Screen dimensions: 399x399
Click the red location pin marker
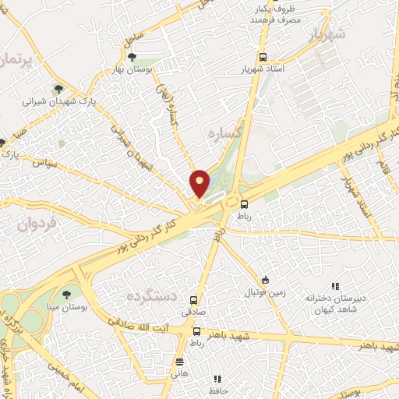(199, 182)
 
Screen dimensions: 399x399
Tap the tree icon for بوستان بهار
(132, 56)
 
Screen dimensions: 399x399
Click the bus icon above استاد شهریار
(263, 57)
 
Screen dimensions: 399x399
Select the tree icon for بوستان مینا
(65, 294)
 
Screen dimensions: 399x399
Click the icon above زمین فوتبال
(266, 281)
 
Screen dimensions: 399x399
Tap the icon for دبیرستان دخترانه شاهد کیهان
(336, 287)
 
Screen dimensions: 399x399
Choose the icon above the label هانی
(180, 362)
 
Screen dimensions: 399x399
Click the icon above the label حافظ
(217, 379)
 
